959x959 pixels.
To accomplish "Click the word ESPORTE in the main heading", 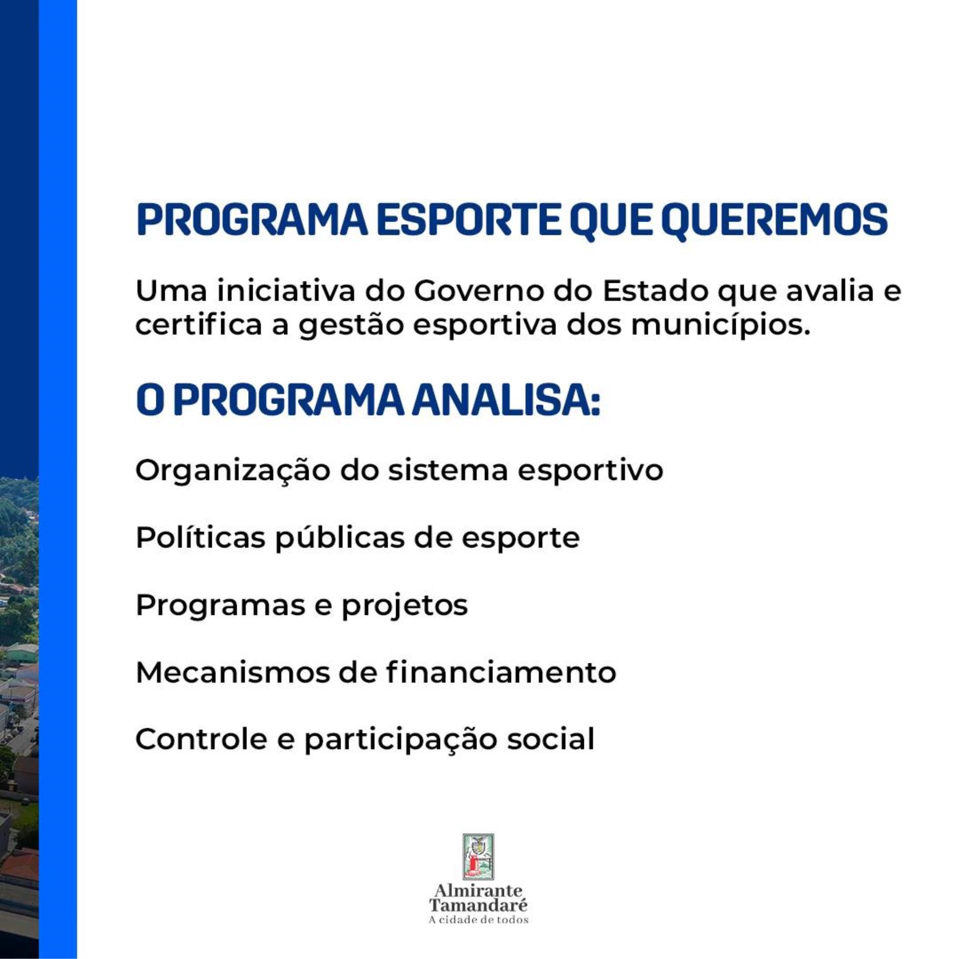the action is [x=469, y=220].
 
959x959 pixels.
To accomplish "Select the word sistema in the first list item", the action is [x=448, y=471].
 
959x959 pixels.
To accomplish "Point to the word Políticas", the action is [x=200, y=538].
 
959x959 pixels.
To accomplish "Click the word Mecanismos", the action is [x=232, y=673].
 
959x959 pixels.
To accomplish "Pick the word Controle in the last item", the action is [x=201, y=739].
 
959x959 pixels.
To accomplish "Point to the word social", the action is [x=551, y=739].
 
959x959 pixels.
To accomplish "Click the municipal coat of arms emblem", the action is [x=479, y=857].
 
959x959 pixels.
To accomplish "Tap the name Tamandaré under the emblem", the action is [x=479, y=905].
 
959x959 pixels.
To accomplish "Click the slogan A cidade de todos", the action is [x=479, y=920].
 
